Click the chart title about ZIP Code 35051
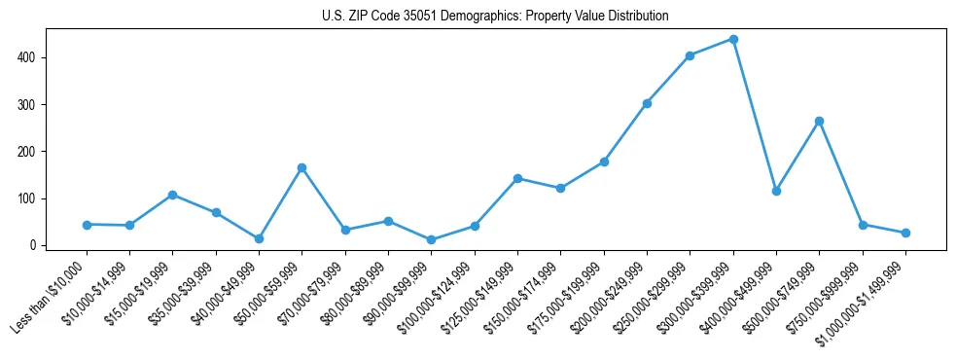pos(495,17)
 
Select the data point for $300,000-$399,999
pos(733,40)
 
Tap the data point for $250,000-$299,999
pos(690,55)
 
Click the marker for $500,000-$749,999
pos(819,121)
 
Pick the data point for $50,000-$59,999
pos(301,167)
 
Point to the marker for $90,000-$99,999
pos(431,239)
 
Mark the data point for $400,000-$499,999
pos(776,191)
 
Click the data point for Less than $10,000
pos(87,225)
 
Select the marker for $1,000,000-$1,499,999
pos(905,233)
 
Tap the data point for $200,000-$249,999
pos(647,103)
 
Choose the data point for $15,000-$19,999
pos(172,195)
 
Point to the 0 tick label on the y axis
pos(33,245)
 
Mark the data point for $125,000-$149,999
pos(517,178)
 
